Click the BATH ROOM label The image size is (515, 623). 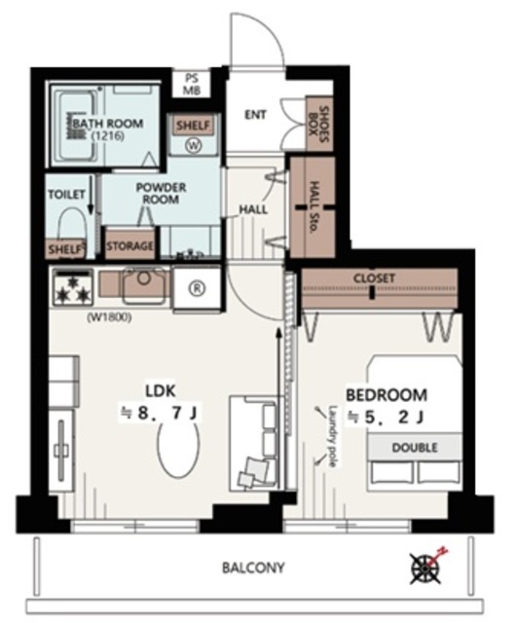point(108,124)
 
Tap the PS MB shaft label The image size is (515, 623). point(192,84)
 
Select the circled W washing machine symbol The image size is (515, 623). point(194,146)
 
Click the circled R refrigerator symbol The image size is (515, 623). point(197,289)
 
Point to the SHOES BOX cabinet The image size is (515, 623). point(319,124)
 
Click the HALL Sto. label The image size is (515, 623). point(313,207)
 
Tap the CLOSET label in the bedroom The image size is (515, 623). point(375,278)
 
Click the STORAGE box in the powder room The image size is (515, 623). point(129,245)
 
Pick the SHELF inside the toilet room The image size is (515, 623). point(65,249)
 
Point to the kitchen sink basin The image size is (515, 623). point(144,284)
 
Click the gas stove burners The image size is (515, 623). point(73,287)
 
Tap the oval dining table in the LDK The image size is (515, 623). point(179,448)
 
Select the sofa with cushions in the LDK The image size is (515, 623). point(254,444)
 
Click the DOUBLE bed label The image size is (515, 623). point(415,448)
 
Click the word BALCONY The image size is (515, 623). point(253,568)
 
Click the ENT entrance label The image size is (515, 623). point(255,115)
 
